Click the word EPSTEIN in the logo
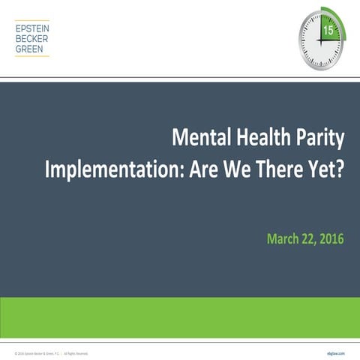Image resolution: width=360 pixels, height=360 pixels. [x=31, y=29]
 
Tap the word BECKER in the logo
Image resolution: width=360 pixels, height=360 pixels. [x=30, y=39]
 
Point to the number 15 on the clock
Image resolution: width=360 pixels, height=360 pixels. [x=328, y=30]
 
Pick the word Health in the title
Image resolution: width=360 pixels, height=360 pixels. [x=256, y=138]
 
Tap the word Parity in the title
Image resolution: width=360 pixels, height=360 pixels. [x=317, y=139]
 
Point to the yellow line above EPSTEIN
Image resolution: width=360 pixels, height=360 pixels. [x=31, y=21]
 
